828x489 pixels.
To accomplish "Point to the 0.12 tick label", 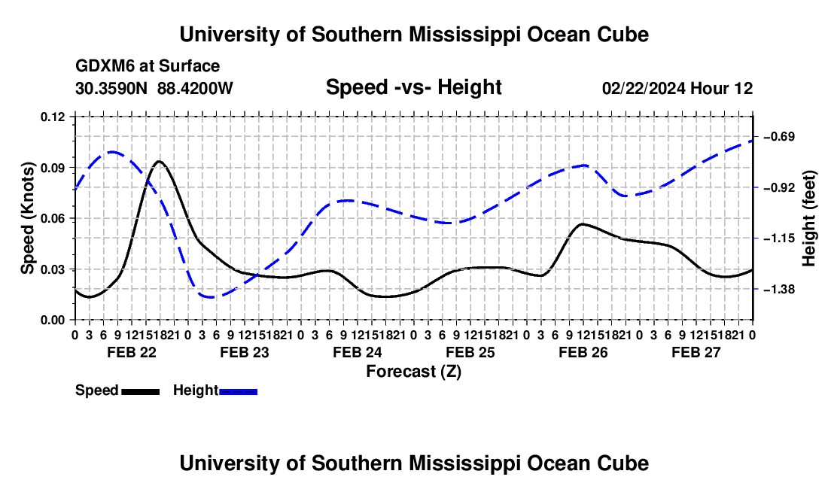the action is pos(53,117).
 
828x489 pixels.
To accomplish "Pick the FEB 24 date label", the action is pos(358,352).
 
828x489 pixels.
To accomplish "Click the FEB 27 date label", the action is pos(696,352).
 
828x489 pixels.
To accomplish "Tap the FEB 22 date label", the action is pos(132,352).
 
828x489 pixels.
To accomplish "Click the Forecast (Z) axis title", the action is pos(414,372).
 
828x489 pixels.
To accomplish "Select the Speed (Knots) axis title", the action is pos(27,218).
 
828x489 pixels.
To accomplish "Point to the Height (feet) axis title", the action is pos(809,218).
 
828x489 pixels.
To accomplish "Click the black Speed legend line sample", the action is pos(141,392).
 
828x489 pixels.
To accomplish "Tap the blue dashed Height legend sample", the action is pos(238,392).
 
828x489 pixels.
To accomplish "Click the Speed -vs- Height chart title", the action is pos(414,87).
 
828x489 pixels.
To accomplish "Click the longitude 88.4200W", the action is pos(195,88).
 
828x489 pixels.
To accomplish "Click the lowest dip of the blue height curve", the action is pos(211,297).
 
